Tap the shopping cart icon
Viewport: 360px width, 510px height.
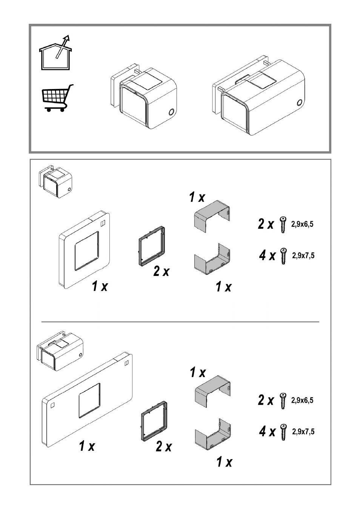pos(58,98)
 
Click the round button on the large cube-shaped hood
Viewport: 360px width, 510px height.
pos(171,112)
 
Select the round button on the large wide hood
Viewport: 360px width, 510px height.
pos(300,103)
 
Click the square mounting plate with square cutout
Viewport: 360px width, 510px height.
pos(85,250)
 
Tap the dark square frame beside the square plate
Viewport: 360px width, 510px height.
pos(152,246)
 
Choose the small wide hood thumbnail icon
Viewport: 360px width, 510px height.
pos(60,351)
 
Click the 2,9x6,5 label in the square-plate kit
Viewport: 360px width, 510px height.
pos(302,224)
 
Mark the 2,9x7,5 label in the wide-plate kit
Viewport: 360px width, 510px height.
pos(303,431)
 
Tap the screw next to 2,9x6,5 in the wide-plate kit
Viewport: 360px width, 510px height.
pos(283,401)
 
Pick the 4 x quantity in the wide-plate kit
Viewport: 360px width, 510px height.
pos(267,431)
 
